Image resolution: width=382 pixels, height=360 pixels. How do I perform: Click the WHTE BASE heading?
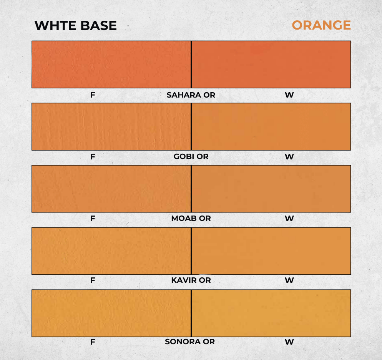click(x=76, y=26)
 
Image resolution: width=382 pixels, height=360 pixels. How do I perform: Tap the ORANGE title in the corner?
click(x=321, y=25)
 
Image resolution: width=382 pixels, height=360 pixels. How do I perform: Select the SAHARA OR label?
click(x=191, y=95)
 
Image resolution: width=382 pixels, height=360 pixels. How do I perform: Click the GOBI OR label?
click(x=191, y=156)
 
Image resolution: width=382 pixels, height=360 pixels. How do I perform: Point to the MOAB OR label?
click(x=191, y=218)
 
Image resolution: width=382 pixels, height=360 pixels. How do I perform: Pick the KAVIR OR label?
click(x=191, y=280)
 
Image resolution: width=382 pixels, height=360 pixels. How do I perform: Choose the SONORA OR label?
click(x=190, y=342)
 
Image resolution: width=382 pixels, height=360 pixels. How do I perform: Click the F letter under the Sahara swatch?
click(x=93, y=95)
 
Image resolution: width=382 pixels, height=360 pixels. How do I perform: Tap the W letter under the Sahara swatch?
click(x=289, y=95)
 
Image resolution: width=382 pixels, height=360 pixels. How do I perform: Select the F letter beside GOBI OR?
click(x=93, y=157)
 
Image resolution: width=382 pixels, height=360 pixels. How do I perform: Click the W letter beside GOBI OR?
click(x=289, y=157)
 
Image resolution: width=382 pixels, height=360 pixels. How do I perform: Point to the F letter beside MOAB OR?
click(x=93, y=219)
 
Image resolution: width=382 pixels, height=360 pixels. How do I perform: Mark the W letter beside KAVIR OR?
click(x=289, y=280)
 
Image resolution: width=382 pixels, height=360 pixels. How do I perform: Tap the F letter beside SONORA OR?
click(x=93, y=342)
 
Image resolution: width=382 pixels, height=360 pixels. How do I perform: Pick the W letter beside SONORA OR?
click(x=289, y=342)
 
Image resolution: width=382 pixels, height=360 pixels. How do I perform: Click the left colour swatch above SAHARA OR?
click(x=111, y=64)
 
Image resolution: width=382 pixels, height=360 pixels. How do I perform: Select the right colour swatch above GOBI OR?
click(x=271, y=127)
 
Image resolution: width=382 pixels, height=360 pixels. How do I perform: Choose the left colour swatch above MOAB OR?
click(x=111, y=189)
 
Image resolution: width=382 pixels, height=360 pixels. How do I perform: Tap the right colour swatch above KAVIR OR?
click(x=271, y=251)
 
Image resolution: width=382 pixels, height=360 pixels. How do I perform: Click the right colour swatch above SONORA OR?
click(x=271, y=313)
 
